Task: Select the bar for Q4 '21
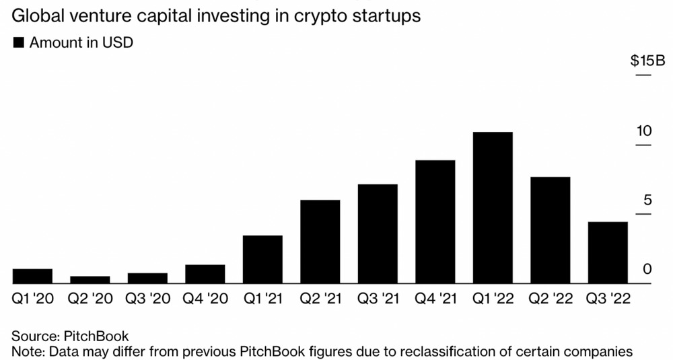coord(435,221)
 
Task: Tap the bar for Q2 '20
coord(90,279)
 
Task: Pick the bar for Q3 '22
coord(608,252)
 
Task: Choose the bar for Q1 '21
coord(262,259)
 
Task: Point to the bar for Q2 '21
coord(320,242)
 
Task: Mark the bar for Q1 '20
coord(32,276)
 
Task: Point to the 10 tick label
coord(645,131)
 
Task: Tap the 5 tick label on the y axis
coord(648,200)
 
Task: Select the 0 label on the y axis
coord(648,269)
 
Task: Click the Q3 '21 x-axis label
coord(378,299)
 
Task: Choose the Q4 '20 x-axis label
coord(205,299)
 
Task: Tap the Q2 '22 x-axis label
coord(550,299)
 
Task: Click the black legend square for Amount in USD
coord(18,42)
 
